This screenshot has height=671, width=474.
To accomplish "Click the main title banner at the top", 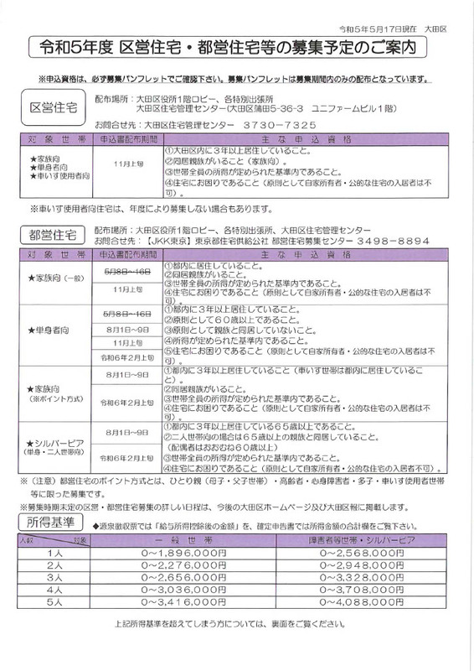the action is point(237,48).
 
